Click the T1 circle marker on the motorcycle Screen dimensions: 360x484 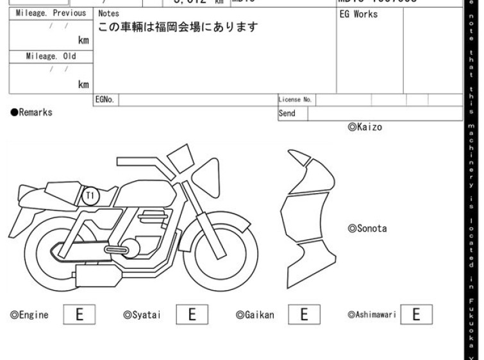coord(90,194)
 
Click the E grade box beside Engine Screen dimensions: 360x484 coord(79,314)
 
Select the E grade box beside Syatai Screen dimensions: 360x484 coord(191,314)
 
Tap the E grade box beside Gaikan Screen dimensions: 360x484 coord(305,314)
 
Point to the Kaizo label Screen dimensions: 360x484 coord(365,127)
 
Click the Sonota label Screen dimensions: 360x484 coord(367,228)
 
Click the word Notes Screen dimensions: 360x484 coord(108,13)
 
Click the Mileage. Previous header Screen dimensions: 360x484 coord(51,13)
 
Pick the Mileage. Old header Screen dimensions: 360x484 coord(51,56)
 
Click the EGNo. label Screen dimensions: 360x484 coord(104,100)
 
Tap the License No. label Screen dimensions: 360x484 coord(295,100)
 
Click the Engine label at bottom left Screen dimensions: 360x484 coord(29,315)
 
